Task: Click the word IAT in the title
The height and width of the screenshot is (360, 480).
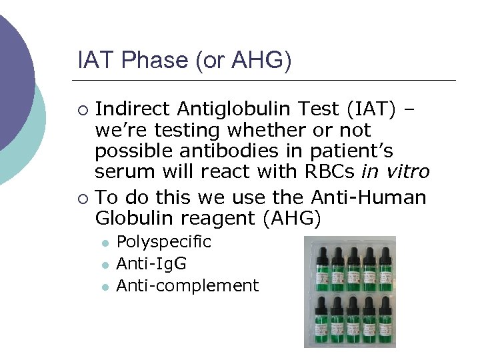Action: pos(95,60)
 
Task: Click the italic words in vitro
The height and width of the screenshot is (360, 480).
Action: pos(395,172)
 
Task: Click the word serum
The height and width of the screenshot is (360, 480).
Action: pos(118,172)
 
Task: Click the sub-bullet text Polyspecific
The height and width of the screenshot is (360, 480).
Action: pos(163,242)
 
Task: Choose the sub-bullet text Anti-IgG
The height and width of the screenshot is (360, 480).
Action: pos(151,264)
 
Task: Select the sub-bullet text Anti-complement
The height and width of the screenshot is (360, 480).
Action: pos(187,286)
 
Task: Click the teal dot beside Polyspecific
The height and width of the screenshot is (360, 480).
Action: pos(105,243)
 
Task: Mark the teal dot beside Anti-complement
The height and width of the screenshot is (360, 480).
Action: pos(105,287)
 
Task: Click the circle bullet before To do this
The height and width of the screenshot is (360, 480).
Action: pos(82,198)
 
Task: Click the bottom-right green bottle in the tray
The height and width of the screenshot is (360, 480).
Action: pos(385,323)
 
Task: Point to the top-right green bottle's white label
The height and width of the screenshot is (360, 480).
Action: pos(385,273)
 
